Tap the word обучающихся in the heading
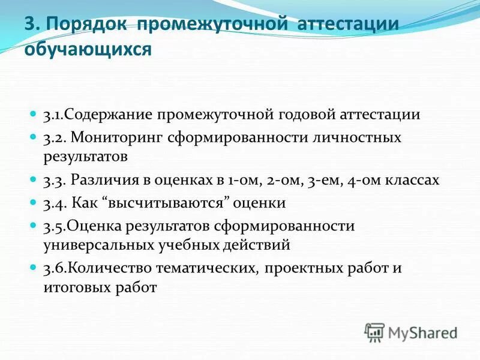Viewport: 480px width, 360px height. click(x=88, y=49)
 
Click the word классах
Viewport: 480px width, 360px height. click(x=414, y=179)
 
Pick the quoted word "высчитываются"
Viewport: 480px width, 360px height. click(x=169, y=203)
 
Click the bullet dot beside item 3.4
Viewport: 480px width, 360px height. click(x=34, y=202)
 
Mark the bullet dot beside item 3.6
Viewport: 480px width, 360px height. click(x=34, y=268)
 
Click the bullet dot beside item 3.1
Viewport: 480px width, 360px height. click(x=34, y=113)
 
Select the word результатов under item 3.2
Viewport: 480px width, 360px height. click(x=85, y=157)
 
